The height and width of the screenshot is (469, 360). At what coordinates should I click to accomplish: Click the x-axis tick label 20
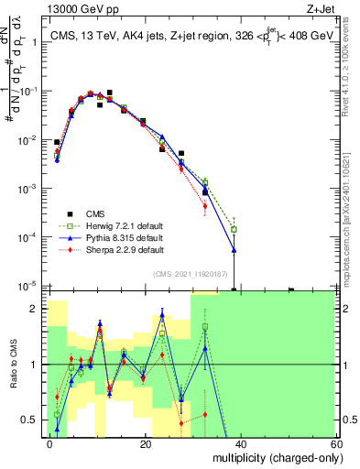tap(145, 443)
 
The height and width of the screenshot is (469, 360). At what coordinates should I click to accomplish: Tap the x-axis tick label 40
tap(240, 443)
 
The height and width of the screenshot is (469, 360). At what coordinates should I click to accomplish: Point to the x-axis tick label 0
tap(49, 443)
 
